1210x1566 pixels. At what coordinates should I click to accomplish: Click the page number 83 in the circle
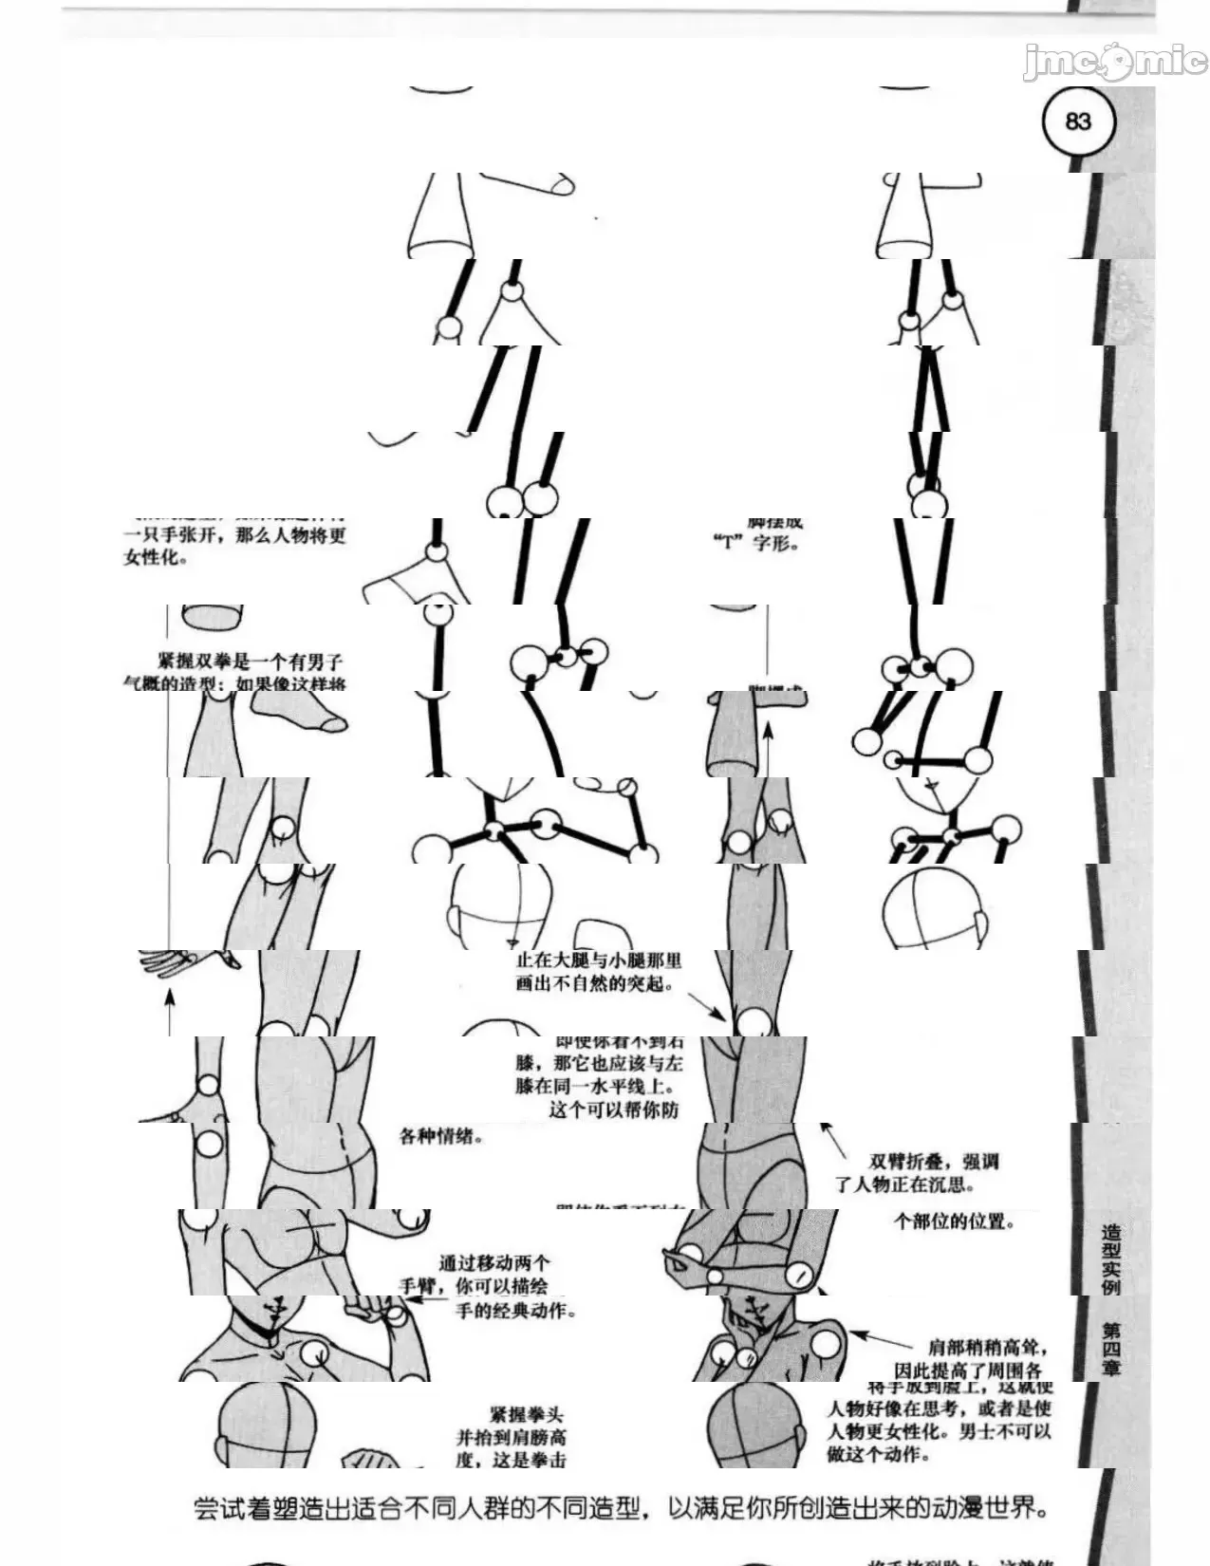coord(1078,122)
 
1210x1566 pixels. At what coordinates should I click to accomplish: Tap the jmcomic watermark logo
coord(1114,63)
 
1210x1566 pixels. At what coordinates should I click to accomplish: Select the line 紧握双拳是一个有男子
coord(250,662)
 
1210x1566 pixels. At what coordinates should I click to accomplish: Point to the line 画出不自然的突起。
coord(594,983)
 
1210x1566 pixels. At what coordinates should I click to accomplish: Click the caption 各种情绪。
coord(441,1135)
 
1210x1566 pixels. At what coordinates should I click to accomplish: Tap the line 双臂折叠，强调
coord(934,1161)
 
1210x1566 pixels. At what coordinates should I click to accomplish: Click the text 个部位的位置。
coord(955,1221)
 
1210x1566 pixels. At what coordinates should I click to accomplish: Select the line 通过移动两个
coord(493,1263)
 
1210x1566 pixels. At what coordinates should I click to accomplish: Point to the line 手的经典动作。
coord(515,1311)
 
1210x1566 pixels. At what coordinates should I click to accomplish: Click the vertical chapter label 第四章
coord(1110,1348)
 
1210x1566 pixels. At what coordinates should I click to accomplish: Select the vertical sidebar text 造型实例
coord(1110,1259)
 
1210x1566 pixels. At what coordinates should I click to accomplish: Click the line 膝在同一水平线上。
coord(598,1085)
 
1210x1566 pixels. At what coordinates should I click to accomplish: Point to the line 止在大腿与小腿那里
coord(598,960)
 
